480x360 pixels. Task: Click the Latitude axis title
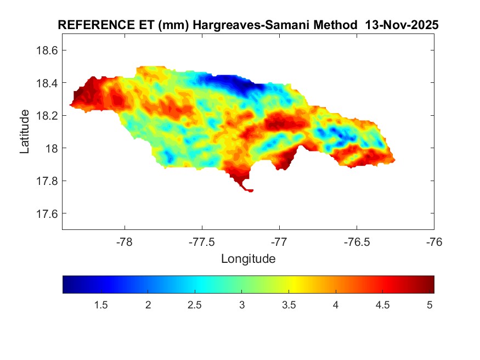coord(25,131)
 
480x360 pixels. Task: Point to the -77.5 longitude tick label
coord(202,243)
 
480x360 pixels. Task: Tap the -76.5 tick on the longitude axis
coord(357,243)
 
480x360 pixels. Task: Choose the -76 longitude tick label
coord(434,243)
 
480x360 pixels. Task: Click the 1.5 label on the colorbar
coord(100,305)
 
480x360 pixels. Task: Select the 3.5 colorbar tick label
coord(289,305)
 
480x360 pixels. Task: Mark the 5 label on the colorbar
coord(430,305)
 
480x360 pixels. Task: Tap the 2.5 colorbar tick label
coord(195,305)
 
